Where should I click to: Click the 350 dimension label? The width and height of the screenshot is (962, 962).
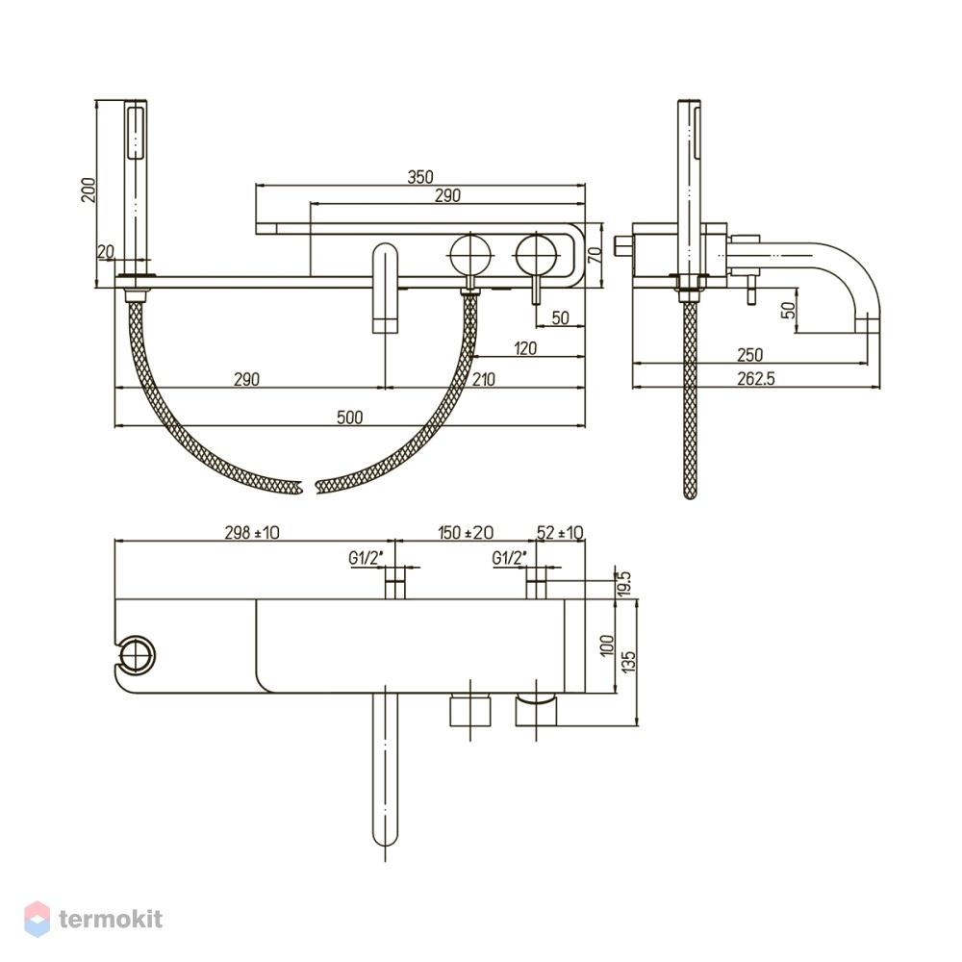coord(420,177)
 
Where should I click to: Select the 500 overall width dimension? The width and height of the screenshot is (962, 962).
coord(350,418)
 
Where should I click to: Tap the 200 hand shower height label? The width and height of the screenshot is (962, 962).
coord(89,190)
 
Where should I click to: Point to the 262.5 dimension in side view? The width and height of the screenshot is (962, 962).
coord(756,378)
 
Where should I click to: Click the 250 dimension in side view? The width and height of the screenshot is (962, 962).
coord(749,355)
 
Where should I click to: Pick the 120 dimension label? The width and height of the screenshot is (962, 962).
coord(525,348)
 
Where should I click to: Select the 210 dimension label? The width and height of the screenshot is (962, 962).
coord(484,379)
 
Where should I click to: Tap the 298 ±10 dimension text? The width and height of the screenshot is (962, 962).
coord(251,533)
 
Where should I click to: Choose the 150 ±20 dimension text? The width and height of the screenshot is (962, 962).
coord(466,533)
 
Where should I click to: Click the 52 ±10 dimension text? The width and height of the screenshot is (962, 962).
coord(560,533)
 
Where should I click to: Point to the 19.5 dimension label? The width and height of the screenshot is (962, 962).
coord(624,584)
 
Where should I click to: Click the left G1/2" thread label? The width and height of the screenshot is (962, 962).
coord(367,558)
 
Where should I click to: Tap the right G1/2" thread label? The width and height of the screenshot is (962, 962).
coord(510,558)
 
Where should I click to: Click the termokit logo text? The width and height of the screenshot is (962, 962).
coord(111,919)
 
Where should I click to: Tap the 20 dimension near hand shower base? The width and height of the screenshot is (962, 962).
coord(106,251)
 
